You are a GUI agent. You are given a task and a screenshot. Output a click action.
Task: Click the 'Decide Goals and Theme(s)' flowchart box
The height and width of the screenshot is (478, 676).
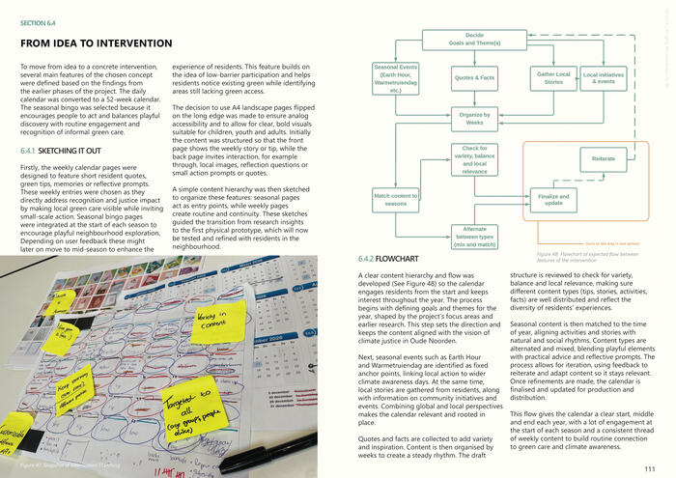pyautogui.click(x=467, y=39)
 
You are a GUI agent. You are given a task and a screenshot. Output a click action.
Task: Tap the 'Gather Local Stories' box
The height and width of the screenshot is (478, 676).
pyautogui.click(x=553, y=77)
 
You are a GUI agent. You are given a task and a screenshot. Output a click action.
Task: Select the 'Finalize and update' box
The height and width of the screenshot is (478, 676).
pyautogui.click(x=554, y=200)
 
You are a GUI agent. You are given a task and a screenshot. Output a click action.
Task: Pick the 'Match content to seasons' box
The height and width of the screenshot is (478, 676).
pyautogui.click(x=395, y=200)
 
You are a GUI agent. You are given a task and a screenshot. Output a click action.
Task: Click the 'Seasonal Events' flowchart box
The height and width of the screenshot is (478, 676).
pyautogui.click(x=395, y=77)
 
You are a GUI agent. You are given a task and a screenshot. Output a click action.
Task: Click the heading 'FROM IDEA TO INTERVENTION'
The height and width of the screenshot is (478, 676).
pyautogui.click(x=101, y=44)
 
